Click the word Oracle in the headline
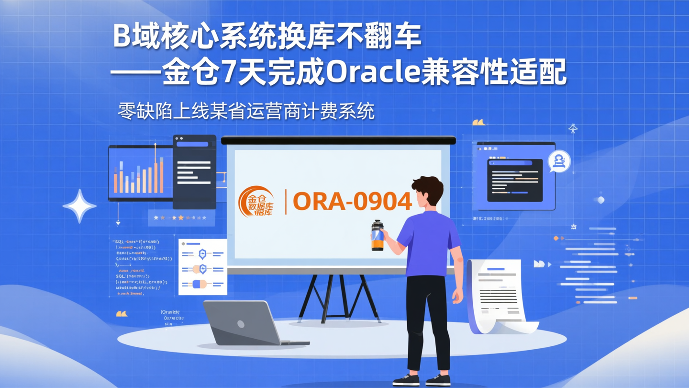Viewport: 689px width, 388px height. point(372,73)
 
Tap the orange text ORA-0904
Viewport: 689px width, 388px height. point(352,202)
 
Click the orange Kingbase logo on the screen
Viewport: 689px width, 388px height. point(256,202)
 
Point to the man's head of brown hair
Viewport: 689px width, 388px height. point(427,187)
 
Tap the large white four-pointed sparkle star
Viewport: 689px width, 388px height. point(79,206)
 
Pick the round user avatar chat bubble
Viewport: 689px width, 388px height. point(558,162)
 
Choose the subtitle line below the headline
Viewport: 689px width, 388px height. point(246,112)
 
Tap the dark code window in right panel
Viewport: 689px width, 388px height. point(514,180)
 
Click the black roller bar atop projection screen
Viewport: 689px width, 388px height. point(338,140)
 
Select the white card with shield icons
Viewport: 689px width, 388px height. point(202,267)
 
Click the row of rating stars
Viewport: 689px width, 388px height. point(180,218)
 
